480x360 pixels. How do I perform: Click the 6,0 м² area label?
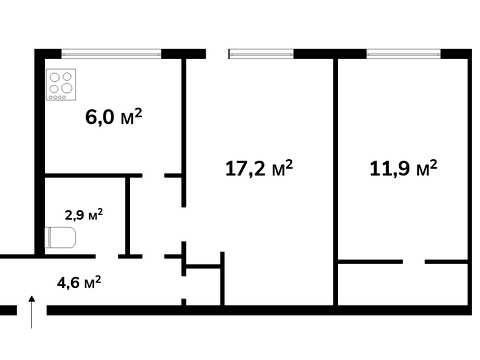(114, 116)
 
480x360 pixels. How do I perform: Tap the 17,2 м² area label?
(259, 168)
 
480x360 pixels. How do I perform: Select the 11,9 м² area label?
(403, 168)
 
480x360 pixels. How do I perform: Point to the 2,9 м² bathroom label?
(84, 215)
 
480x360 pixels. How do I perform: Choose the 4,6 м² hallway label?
(79, 283)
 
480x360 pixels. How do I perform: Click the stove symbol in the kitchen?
(61, 85)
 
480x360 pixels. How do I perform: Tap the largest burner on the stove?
(67, 88)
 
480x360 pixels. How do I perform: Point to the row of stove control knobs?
(57, 98)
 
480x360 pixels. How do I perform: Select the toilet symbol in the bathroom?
(60, 237)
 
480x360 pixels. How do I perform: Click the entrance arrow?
(32, 312)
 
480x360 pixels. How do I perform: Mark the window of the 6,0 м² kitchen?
(111, 54)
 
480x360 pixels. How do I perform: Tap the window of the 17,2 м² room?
(261, 54)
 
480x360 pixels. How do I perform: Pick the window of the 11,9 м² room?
(404, 54)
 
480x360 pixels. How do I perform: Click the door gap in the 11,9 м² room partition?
(414, 262)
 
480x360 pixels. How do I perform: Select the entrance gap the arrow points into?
(32, 310)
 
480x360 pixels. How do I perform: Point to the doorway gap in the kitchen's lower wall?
(154, 175)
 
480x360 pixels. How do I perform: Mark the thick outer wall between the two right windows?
(330, 54)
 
